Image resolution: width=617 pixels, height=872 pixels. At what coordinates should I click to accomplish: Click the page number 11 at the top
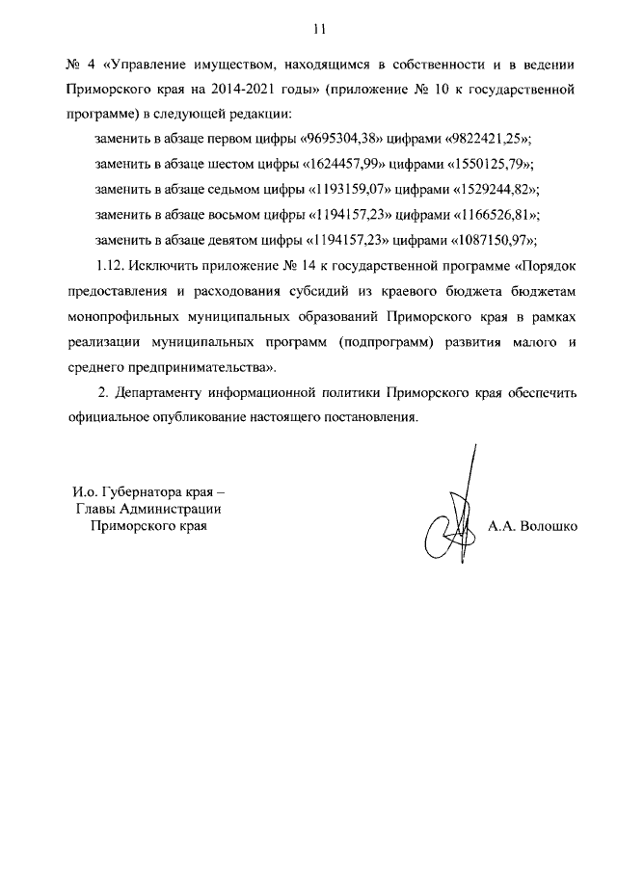(x=308, y=28)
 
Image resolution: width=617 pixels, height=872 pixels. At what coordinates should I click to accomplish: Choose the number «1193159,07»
(x=341, y=190)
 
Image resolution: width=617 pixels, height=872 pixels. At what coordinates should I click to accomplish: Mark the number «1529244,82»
(x=498, y=190)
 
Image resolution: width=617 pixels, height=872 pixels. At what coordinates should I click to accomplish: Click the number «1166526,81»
(x=498, y=215)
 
